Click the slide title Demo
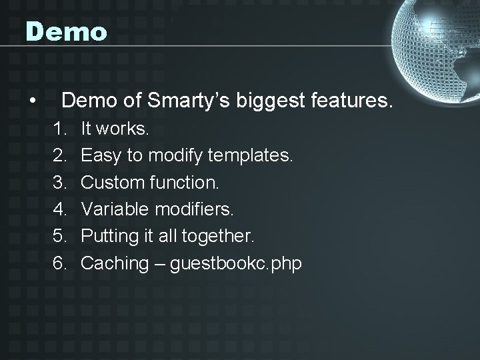[x=66, y=32]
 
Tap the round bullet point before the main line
[x=32, y=102]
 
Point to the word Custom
[x=108, y=183]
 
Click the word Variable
[x=115, y=210]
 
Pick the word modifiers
[x=195, y=210]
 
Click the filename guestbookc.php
[x=236, y=263]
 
